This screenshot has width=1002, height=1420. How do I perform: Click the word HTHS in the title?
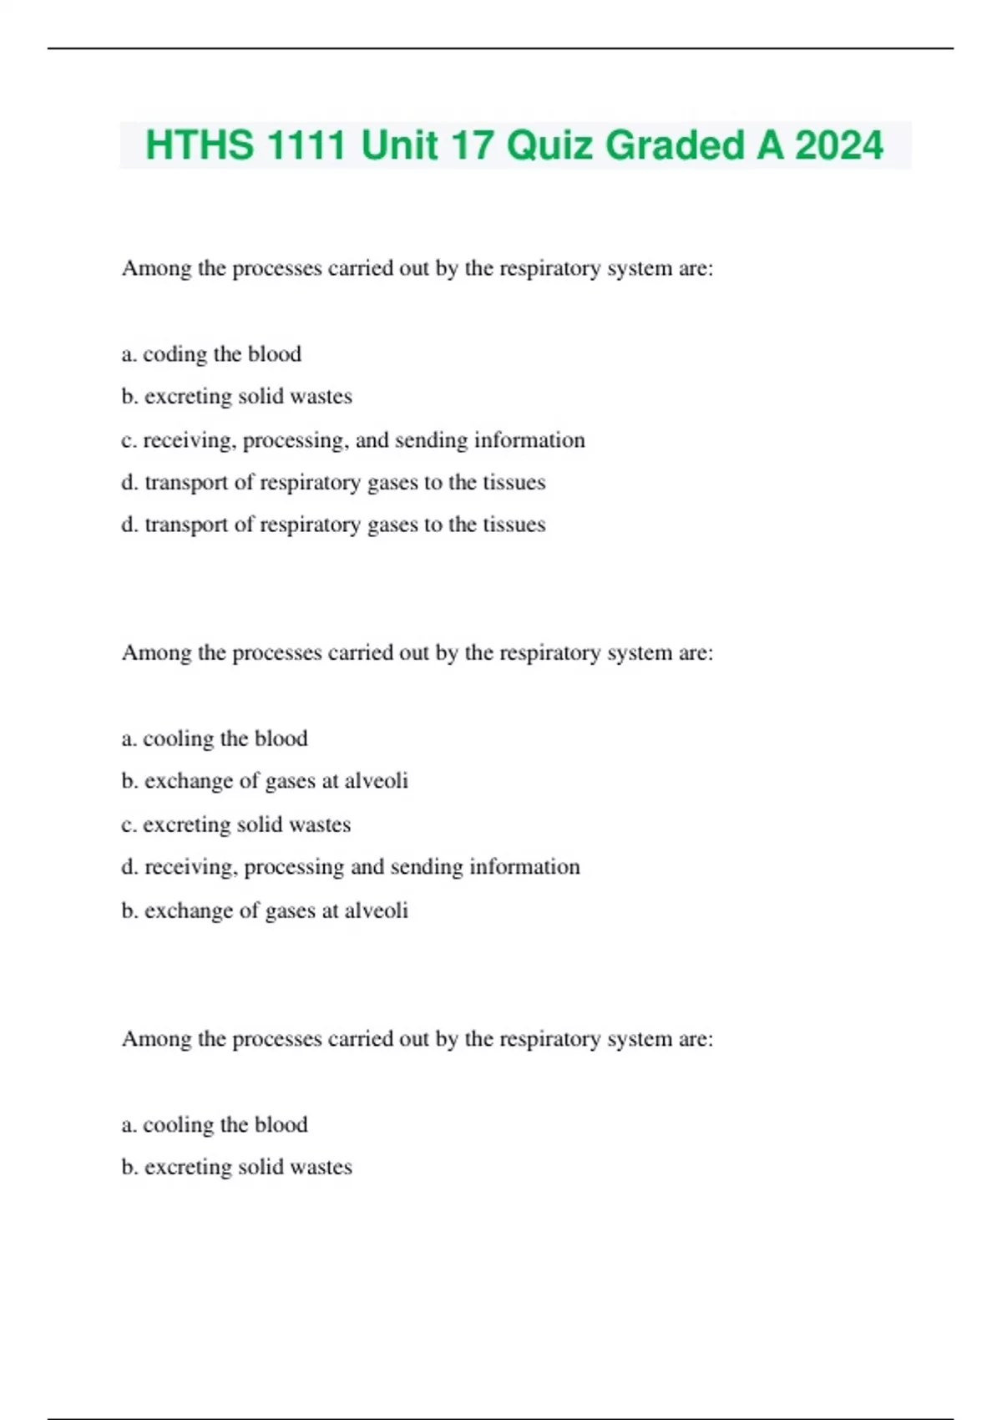pyautogui.click(x=200, y=145)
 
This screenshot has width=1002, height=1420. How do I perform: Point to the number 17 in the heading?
pyautogui.click(x=472, y=145)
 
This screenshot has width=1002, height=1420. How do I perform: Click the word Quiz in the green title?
pyautogui.click(x=550, y=145)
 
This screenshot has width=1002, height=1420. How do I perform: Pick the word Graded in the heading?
pyautogui.click(x=675, y=145)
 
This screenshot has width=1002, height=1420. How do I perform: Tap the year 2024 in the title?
pyautogui.click(x=838, y=145)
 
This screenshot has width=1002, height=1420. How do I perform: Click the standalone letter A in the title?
pyautogui.click(x=770, y=145)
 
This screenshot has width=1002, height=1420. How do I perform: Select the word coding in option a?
pyautogui.click(x=175, y=354)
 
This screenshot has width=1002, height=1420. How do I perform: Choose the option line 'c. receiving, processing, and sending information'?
pyautogui.click(x=352, y=440)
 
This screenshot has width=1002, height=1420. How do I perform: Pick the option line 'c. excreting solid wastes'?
pyautogui.click(x=235, y=824)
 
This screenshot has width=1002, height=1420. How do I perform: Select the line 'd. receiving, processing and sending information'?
pyautogui.click(x=350, y=867)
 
